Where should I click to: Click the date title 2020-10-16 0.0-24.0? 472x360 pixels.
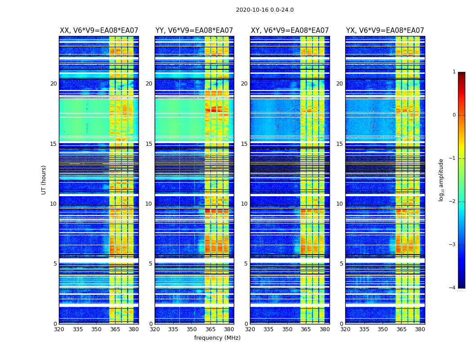click(x=265, y=10)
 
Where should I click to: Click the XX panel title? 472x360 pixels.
click(x=99, y=31)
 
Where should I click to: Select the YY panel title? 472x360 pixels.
click(x=194, y=31)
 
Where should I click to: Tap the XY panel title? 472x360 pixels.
click(x=289, y=31)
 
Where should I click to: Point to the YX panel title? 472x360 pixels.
click(x=385, y=31)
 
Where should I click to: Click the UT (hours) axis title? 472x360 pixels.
click(x=44, y=180)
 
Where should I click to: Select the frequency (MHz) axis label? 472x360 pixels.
click(x=217, y=338)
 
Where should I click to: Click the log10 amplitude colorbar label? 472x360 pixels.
click(x=441, y=180)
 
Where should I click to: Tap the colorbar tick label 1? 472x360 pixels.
click(x=454, y=72)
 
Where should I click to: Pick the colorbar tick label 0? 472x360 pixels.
click(x=454, y=115)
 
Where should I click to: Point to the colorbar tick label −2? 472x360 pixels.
click(x=453, y=202)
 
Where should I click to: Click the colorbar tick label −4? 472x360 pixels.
click(x=453, y=288)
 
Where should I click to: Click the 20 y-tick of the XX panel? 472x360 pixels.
click(x=53, y=84)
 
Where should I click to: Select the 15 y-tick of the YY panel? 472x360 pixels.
click(x=149, y=144)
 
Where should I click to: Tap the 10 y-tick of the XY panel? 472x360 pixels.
click(x=244, y=204)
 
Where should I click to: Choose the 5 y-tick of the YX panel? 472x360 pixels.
click(x=341, y=264)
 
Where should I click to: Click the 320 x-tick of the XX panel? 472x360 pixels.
click(x=59, y=329)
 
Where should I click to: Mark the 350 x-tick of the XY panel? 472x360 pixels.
click(x=287, y=329)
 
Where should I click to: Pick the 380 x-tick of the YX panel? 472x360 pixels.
click(x=420, y=329)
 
